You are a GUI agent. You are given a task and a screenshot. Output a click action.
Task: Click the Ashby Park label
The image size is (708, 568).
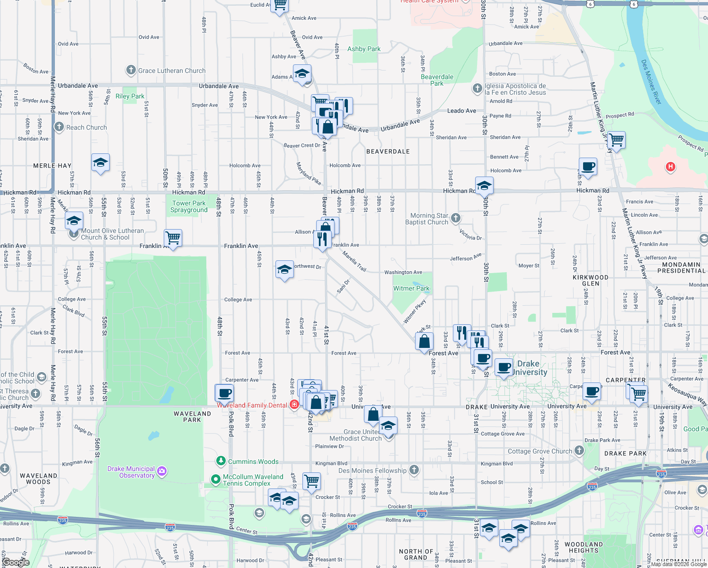364,49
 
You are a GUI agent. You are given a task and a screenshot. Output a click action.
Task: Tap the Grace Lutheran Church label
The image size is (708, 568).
172,71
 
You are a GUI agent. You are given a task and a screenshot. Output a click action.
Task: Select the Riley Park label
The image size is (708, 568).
130,96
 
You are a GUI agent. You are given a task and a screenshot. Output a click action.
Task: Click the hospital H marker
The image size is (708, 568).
670,167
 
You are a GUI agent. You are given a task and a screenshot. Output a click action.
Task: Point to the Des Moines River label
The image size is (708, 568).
651,82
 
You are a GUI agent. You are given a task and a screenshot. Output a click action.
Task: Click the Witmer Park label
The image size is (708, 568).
411,288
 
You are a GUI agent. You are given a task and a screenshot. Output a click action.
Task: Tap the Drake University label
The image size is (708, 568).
529,368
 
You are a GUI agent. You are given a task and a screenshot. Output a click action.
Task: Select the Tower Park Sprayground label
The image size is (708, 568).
189,206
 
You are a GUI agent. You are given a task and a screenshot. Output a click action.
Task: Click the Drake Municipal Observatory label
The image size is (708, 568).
131,472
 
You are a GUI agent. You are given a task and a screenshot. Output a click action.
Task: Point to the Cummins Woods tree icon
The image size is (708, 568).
221,461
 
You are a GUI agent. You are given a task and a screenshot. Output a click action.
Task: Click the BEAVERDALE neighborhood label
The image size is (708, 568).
388,151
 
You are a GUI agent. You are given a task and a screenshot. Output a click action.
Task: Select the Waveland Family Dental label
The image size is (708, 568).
252,405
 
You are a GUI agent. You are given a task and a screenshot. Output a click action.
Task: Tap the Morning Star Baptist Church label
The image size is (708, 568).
426,219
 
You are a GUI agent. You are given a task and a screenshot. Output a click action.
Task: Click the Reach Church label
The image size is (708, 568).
87,127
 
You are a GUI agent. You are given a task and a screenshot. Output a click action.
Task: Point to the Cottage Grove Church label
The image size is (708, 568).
540,451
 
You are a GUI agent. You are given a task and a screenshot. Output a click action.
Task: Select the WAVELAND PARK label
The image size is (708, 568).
192,417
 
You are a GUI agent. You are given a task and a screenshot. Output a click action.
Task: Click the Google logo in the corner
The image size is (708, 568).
16,562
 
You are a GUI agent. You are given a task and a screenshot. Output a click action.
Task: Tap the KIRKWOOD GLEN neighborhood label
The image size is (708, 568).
591,280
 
